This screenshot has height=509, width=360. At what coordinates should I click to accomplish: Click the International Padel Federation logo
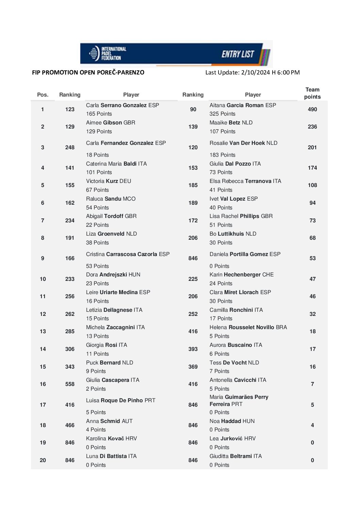(107, 53)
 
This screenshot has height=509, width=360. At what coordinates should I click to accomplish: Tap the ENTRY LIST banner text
(238, 54)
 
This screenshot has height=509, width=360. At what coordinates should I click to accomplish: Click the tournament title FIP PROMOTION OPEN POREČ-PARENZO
(88, 72)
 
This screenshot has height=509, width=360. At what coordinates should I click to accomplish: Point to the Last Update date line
(252, 72)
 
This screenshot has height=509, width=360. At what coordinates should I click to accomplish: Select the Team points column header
(312, 93)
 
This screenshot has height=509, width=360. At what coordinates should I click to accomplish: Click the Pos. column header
(43, 95)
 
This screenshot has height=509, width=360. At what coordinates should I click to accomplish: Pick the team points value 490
(312, 109)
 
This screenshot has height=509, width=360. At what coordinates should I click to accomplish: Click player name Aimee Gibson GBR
(111, 123)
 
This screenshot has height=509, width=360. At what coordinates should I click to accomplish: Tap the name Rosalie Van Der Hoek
(243, 143)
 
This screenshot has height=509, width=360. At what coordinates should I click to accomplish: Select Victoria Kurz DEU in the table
(109, 181)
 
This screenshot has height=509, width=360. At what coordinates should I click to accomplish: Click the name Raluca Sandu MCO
(111, 199)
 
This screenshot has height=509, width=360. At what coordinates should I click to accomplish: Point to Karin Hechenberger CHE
(242, 275)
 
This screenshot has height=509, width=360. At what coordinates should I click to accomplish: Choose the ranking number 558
(70, 384)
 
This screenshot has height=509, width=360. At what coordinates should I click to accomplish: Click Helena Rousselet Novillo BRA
(248, 327)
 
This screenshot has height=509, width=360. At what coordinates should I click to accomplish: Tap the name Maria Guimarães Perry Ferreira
(239, 401)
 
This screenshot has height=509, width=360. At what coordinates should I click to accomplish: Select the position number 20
(43, 460)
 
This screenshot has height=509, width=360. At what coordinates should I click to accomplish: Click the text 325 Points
(223, 114)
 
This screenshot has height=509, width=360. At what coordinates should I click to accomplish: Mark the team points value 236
(312, 127)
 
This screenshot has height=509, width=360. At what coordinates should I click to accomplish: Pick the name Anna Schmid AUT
(109, 421)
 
